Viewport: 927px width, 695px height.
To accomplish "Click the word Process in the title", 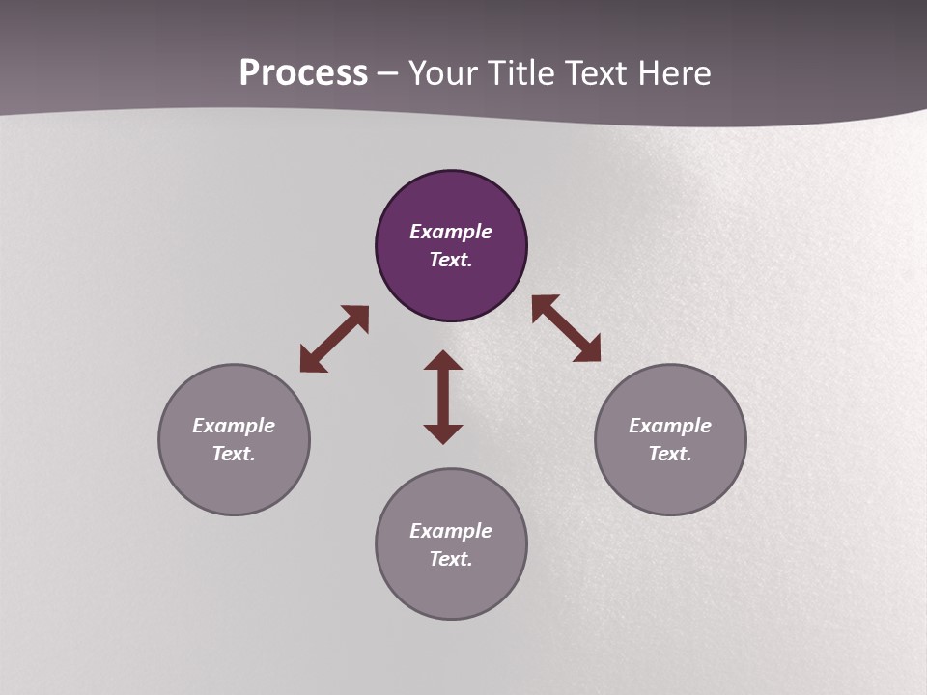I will point(303,73).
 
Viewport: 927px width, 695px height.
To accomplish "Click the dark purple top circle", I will point(451,290).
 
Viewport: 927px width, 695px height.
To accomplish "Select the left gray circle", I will point(234,483).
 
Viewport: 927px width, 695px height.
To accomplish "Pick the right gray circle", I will point(670,483).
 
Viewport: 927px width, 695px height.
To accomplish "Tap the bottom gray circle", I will point(451,589).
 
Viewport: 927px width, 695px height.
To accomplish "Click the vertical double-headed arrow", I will point(443,397).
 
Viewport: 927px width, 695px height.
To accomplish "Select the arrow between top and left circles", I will point(334,339).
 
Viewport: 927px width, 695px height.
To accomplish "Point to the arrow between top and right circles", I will point(567,329).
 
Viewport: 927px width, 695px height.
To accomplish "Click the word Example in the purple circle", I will point(451,232).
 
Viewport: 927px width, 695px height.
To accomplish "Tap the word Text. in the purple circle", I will point(451,260).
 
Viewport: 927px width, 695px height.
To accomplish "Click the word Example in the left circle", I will point(234,426).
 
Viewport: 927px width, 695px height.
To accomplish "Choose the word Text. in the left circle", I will point(234,454).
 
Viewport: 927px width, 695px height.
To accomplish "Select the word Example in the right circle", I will point(670,426).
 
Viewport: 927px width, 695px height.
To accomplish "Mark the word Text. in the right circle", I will point(670,454).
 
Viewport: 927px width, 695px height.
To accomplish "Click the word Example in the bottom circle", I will point(451,531).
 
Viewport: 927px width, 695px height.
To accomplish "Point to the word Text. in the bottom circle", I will point(451,559).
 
